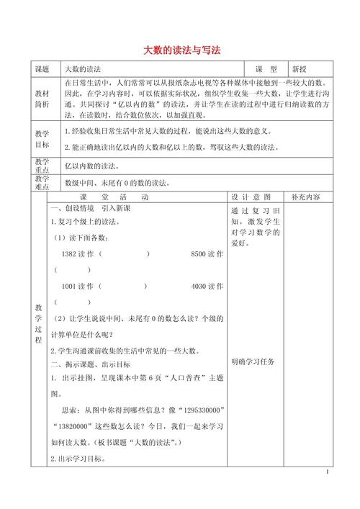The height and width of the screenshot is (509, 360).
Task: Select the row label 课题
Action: [42, 70]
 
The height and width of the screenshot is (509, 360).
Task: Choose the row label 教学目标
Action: [42, 139]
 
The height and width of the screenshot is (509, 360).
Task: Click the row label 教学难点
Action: [42, 183]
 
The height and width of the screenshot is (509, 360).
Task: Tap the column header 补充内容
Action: [306, 197]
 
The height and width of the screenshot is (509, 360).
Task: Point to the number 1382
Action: [73, 254]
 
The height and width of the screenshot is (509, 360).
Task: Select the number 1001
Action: [73, 286]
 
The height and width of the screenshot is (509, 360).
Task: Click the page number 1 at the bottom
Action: [327, 473]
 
